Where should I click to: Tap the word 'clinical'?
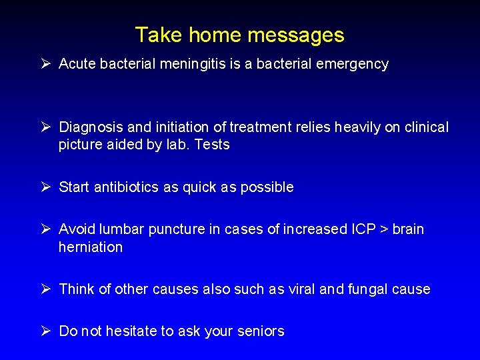tap(425, 127)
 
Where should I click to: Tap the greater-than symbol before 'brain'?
tap(383, 229)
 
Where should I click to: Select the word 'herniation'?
tap(91, 247)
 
